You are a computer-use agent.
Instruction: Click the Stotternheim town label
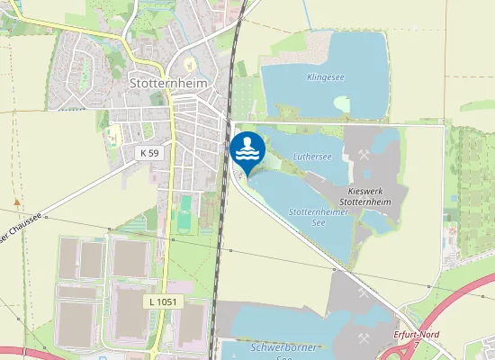point(168,83)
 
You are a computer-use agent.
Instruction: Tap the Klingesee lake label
point(326,78)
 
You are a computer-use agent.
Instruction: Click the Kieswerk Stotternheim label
point(370,197)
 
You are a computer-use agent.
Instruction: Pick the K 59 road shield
point(148,154)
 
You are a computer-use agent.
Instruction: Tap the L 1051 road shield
point(163,302)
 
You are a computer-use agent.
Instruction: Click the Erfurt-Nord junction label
point(416,335)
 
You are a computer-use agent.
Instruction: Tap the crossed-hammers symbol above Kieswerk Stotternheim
point(364,155)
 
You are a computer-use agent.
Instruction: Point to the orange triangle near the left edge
point(15,202)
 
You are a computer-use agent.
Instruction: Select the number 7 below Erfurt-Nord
point(416,345)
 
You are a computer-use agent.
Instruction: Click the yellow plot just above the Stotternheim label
point(189,64)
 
